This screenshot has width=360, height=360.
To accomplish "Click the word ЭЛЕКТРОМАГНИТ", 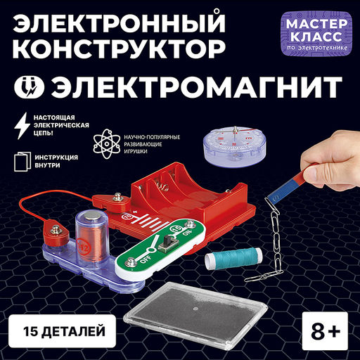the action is point(196,86).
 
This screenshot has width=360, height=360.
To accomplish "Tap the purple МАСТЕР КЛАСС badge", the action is point(316,34).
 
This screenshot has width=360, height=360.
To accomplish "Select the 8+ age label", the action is point(325,330).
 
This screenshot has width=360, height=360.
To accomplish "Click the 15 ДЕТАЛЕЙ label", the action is point(63,331).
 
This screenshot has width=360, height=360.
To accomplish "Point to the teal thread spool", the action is point(233,258).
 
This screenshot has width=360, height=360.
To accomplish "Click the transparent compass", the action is point(235,147).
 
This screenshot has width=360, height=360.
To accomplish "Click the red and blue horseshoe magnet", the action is point(291,185).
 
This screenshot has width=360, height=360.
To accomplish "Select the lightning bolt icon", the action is point(22,126).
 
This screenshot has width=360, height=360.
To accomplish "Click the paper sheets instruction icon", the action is point(22,162).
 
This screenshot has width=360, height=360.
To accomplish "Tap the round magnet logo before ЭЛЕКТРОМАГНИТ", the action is point(29,86).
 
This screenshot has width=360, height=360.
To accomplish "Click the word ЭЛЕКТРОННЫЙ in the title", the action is point(119,22).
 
